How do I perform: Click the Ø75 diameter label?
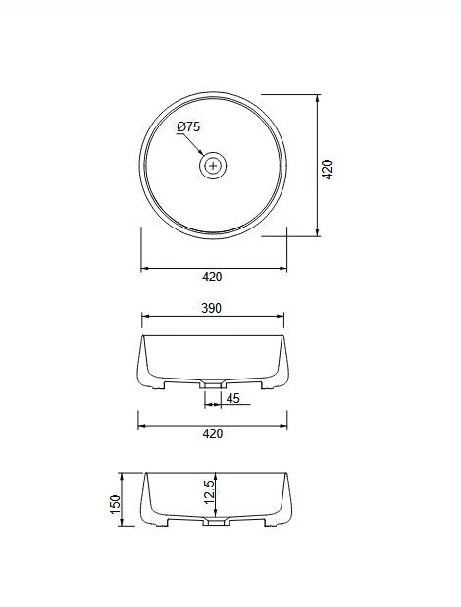pyautogui.click(x=188, y=127)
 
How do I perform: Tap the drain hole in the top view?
pyautogui.click(x=214, y=166)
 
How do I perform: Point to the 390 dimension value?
pyautogui.click(x=212, y=308)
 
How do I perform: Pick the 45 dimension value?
pyautogui.click(x=233, y=398)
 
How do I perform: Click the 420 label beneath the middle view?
pyautogui.click(x=213, y=433)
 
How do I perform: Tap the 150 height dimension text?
pyautogui.click(x=115, y=504)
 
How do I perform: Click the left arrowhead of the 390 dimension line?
pyautogui.click(x=146, y=317)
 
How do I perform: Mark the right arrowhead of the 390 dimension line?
pyautogui.click(x=282, y=317)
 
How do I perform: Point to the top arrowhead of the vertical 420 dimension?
pyautogui.click(x=318, y=97)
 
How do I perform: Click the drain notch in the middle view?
pyautogui.click(x=211, y=384)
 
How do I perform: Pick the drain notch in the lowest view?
pyautogui.click(x=211, y=524)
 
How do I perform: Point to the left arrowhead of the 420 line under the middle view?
pyautogui.click(x=140, y=426)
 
